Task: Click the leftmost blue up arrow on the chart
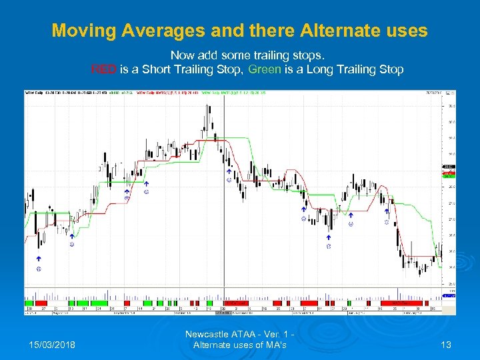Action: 39,258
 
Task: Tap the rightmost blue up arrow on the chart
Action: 386,212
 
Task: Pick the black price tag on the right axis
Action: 448,166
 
